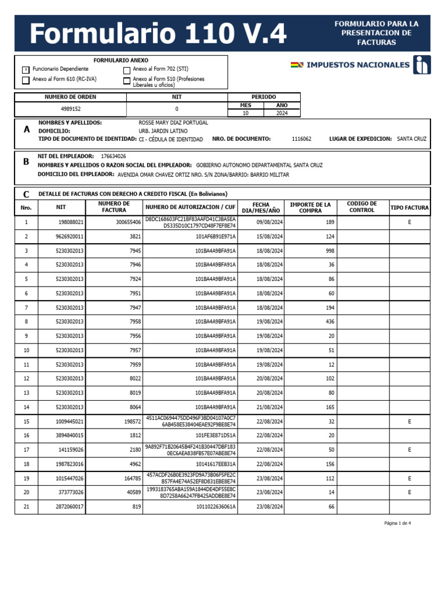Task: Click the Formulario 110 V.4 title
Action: (x=158, y=34)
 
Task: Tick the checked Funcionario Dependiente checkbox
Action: (x=25, y=69)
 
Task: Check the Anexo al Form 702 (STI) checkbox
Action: (x=127, y=69)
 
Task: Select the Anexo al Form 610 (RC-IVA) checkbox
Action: (x=25, y=80)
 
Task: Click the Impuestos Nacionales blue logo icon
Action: (x=422, y=65)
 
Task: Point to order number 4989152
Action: (x=71, y=109)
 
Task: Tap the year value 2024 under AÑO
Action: (x=282, y=114)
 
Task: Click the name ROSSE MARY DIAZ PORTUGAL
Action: (x=173, y=123)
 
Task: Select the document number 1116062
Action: (x=301, y=139)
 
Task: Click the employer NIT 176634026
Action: (x=114, y=156)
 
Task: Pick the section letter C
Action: (x=26, y=195)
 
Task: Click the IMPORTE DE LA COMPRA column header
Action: (x=310, y=207)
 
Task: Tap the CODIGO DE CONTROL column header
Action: (x=362, y=207)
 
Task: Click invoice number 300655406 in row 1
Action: (x=129, y=222)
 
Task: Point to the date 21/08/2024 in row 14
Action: (x=269, y=407)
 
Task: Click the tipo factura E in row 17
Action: (x=409, y=449)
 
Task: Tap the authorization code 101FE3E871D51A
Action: (x=216, y=435)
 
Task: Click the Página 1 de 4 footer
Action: (x=397, y=523)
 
